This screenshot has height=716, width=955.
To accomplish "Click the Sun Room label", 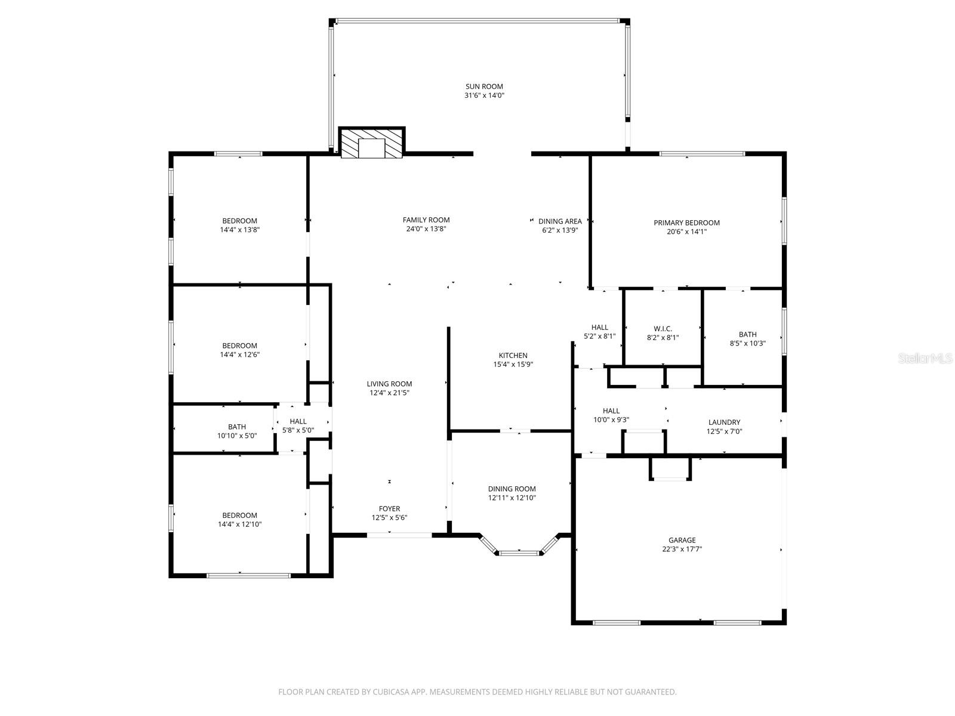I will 484,87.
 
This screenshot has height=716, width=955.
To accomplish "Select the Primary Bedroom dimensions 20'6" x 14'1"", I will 686,232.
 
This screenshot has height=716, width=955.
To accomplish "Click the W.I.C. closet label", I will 663,329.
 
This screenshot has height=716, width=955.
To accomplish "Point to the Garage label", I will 682,540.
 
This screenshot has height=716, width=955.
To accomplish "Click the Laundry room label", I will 724,422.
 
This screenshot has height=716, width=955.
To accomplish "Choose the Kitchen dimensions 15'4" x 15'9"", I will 513,364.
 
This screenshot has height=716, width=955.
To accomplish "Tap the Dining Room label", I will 512,489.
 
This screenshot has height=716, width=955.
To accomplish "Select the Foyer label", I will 389,509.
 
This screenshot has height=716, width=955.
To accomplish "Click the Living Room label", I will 389,384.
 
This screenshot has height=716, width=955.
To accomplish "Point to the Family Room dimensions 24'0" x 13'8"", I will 426,229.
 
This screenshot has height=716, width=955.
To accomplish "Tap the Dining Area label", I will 560,221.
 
